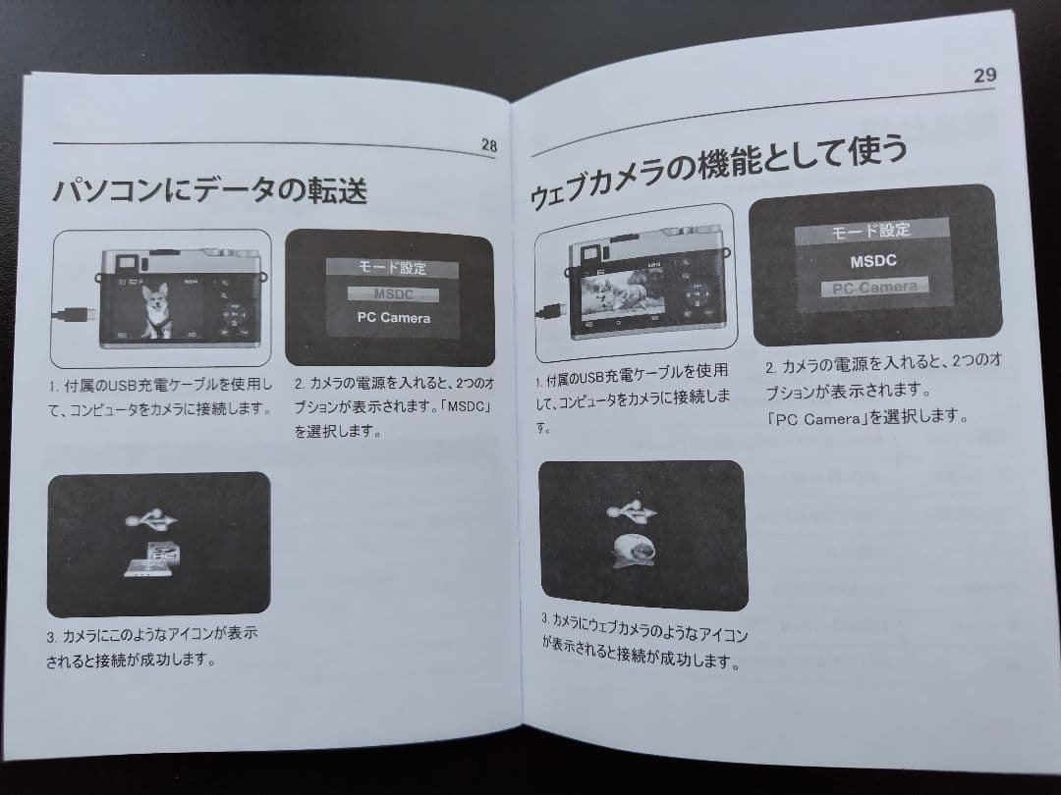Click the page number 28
coord(488,145)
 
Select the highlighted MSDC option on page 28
coord(392,293)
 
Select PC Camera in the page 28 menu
coord(392,318)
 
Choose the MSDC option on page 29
coord(873,262)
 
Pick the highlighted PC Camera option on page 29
coord(873,288)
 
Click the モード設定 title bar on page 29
coord(871,231)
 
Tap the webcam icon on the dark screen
coord(637,554)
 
